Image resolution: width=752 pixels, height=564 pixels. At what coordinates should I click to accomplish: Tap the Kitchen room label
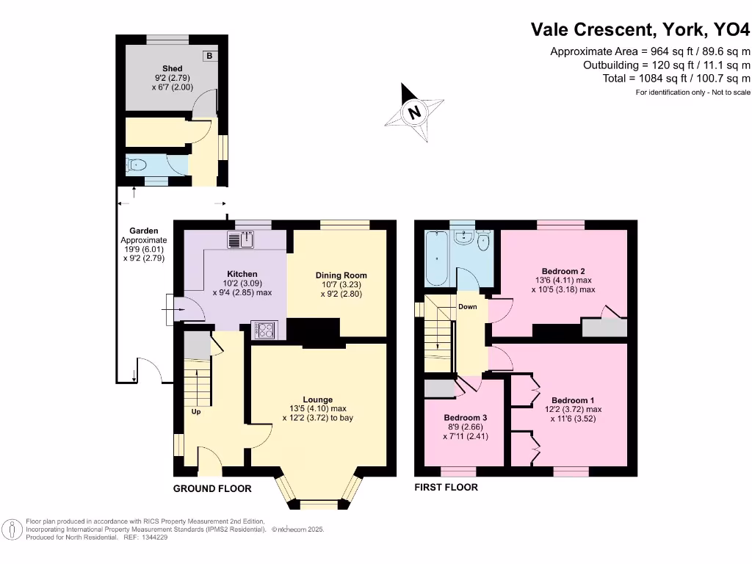tap(242, 274)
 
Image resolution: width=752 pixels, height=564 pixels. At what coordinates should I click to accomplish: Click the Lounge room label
tap(317, 399)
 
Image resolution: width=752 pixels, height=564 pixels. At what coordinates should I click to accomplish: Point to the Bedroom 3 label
tap(466, 417)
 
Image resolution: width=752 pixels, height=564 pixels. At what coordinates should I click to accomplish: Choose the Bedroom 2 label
tap(563, 270)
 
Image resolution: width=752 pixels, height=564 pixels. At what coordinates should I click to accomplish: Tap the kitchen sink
tap(241, 239)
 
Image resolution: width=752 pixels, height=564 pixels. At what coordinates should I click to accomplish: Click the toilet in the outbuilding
tap(135, 165)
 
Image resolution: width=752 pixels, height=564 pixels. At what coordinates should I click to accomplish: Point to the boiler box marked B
tap(209, 56)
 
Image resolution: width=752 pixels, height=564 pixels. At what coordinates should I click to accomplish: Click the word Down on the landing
tap(469, 306)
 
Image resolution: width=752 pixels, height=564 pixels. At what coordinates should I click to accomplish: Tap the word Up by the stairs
tap(196, 411)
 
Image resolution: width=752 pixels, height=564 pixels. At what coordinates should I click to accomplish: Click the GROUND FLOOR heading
tap(212, 488)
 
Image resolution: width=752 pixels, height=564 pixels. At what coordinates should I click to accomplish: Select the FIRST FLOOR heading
tap(446, 487)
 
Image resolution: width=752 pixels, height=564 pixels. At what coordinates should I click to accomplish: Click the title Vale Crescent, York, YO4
tap(640, 29)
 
